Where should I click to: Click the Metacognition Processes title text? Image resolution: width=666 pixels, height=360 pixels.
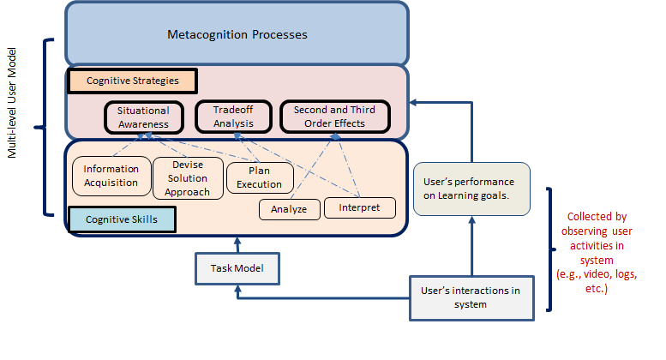tap(237, 35)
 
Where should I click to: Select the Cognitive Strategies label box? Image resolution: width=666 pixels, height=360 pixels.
tap(132, 81)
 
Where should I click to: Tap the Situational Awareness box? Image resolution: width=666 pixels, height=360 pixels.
tap(143, 117)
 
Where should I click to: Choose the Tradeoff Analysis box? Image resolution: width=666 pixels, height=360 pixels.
tap(233, 117)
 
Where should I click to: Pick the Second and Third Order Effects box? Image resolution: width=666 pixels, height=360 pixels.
tap(328, 117)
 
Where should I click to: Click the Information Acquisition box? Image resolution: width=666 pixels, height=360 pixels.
tap(111, 176)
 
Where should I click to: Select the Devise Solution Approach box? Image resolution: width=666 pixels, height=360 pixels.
tap(189, 178)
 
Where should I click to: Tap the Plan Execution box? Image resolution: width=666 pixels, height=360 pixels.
tap(259, 178)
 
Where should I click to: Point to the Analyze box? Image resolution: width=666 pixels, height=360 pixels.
tap(290, 208)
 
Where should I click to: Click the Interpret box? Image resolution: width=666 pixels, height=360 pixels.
tap(359, 207)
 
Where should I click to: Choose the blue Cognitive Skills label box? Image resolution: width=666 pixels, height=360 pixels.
tap(123, 220)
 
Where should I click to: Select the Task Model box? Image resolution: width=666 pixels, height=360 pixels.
tap(237, 269)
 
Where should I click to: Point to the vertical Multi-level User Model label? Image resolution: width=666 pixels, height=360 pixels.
tap(13, 127)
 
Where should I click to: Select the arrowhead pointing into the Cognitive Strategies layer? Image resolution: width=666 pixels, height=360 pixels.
tap(413, 102)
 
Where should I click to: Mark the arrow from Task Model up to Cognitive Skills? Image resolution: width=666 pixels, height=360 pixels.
tap(237, 245)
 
